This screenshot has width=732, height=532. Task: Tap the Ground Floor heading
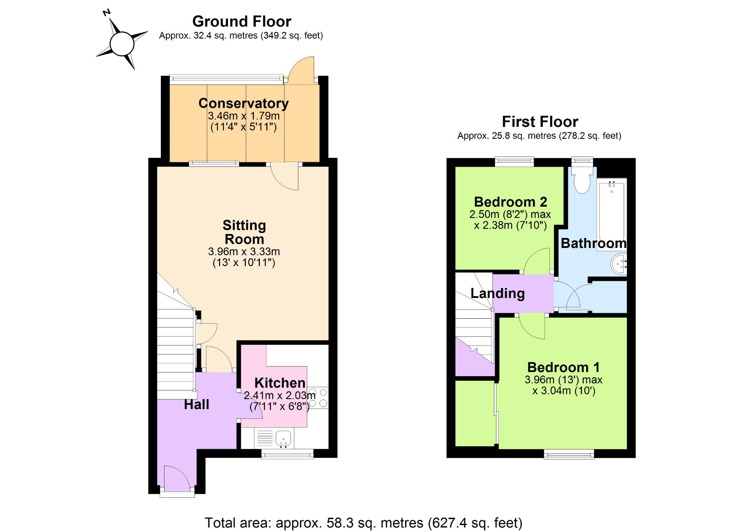(x=242, y=21)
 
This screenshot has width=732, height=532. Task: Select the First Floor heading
(x=540, y=121)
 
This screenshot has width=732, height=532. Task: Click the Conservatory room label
(x=243, y=103)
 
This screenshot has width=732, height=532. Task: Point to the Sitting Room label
(x=244, y=232)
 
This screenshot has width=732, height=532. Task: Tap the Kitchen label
(x=280, y=383)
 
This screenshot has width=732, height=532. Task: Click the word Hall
(x=196, y=404)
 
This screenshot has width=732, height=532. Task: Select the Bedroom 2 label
(x=510, y=202)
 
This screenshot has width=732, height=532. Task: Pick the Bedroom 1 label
(x=563, y=367)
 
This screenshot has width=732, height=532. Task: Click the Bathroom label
(x=593, y=243)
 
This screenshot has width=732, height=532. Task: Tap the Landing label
(x=498, y=293)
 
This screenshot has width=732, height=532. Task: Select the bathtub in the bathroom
(x=612, y=213)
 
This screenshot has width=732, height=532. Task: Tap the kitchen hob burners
(x=318, y=398)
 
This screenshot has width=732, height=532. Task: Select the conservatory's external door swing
(x=301, y=70)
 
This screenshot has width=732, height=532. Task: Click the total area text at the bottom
(x=363, y=523)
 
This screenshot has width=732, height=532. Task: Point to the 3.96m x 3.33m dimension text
(x=244, y=252)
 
